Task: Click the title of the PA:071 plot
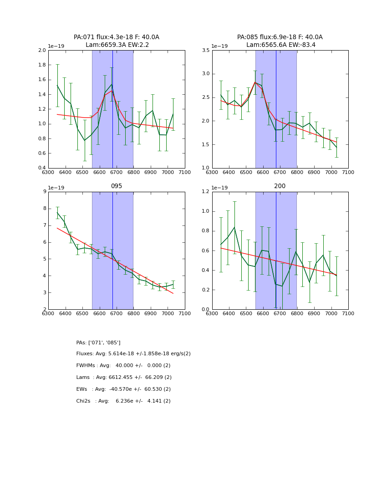[117, 41]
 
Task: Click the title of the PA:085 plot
[280, 41]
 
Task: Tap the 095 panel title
[117, 186]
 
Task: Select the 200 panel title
[280, 186]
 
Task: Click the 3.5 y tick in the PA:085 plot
[206, 50]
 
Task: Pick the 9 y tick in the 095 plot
[45, 192]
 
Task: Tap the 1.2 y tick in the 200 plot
[206, 192]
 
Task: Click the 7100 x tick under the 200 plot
[348, 313]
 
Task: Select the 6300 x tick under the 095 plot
[48, 313]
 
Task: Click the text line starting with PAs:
[98, 343]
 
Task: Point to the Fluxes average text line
[133, 354]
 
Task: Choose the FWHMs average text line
[123, 366]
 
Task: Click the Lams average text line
[124, 378]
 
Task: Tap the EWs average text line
[123, 389]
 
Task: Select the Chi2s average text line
[123, 401]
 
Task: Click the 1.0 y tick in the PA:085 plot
[206, 168]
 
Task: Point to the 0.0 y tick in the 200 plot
[206, 310]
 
